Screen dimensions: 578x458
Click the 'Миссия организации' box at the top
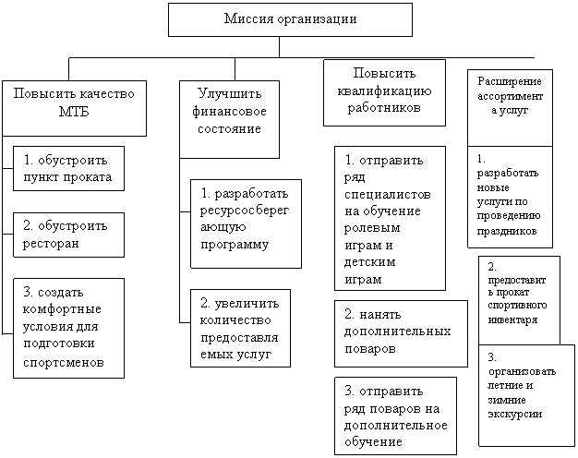coord(290,20)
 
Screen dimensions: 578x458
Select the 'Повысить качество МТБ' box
coord(74,108)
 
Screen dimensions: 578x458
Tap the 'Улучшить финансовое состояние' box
coord(229,119)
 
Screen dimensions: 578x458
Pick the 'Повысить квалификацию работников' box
coord(384,93)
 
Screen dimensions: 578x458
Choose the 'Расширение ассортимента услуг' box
coord(511,108)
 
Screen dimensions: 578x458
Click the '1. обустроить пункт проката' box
coord(68,169)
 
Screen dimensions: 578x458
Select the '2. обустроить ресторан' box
coord(68,235)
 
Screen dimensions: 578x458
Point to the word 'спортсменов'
coord(64,363)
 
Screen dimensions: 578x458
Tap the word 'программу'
coord(235,245)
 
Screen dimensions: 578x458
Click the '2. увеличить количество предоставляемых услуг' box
coord(240,328)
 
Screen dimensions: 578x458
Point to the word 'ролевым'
coord(372,228)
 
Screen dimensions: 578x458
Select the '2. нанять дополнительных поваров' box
coord(401,333)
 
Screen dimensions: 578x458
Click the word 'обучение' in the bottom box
coord(373,441)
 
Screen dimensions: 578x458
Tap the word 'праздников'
coord(507,231)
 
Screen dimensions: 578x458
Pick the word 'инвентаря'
coord(512,319)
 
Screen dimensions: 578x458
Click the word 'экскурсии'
coord(514,414)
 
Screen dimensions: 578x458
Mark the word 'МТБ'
coord(74,112)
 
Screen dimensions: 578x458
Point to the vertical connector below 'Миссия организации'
coord(279,47)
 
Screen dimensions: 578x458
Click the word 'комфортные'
coord(62,309)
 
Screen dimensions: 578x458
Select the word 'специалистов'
coord(388,195)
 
